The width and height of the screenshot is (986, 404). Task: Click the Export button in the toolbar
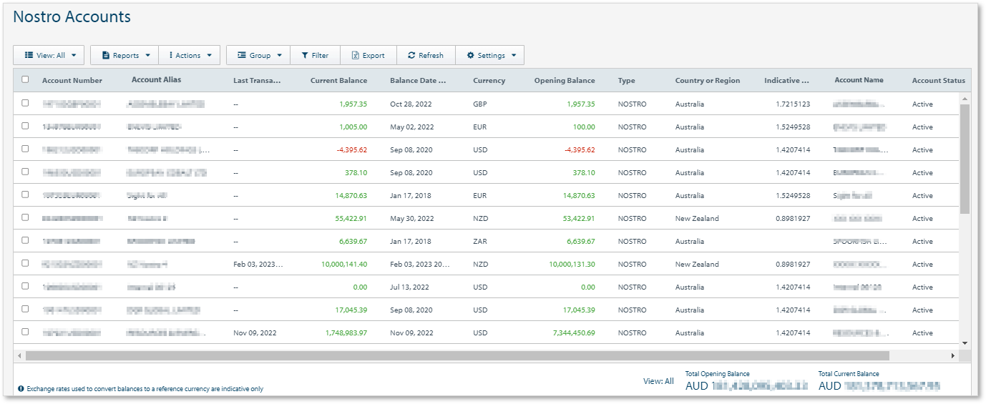[368, 55]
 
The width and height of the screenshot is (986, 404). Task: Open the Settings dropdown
[490, 55]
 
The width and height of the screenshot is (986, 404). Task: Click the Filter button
[314, 55]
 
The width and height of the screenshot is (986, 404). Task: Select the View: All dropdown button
[49, 55]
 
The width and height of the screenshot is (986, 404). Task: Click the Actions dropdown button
[189, 55]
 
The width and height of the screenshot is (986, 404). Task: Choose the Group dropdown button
[258, 55]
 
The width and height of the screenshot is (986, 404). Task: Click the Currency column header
[489, 81]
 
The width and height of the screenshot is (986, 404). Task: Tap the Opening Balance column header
[565, 81]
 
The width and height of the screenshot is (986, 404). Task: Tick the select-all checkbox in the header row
[25, 80]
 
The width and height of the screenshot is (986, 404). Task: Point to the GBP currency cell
[480, 104]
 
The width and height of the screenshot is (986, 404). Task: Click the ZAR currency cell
[480, 242]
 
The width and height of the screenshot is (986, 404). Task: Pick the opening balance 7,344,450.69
[569, 333]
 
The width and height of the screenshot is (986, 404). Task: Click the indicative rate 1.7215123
[793, 104]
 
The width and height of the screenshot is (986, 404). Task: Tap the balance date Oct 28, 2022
[411, 104]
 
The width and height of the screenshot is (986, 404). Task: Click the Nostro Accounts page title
[72, 17]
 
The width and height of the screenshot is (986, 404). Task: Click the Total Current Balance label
[849, 374]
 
